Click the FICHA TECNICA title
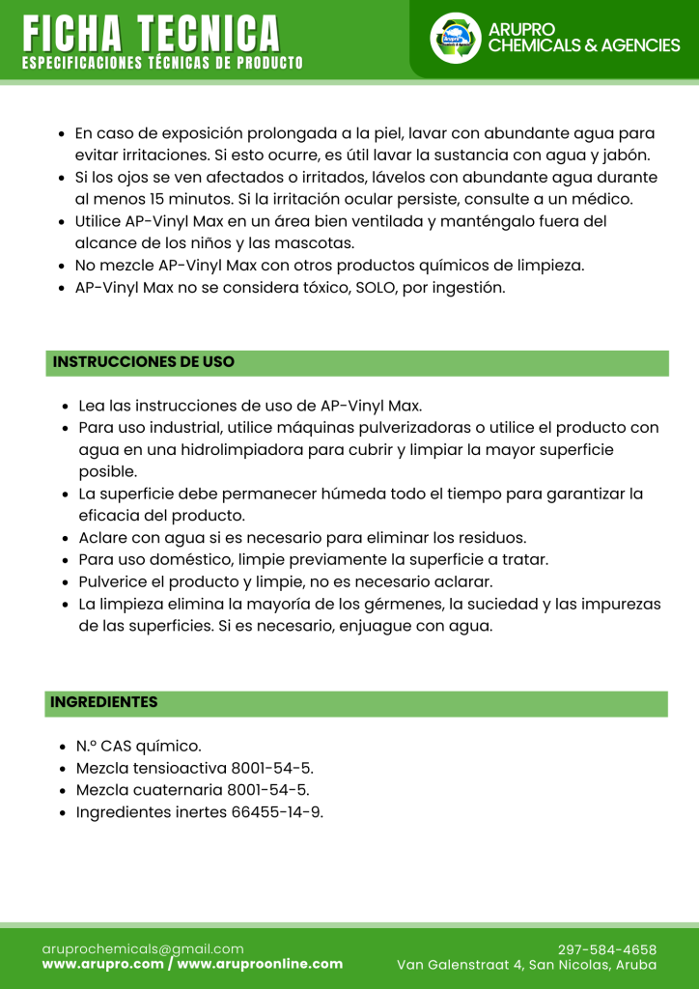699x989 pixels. (x=152, y=35)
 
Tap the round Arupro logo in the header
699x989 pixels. (x=455, y=39)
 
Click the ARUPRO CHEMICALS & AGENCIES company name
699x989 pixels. (x=584, y=38)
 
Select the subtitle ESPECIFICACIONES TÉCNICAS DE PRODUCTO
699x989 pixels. (x=162, y=64)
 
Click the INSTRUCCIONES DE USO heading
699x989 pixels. (x=144, y=362)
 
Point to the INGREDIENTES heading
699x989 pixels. (x=104, y=702)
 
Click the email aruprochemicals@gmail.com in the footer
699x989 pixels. (x=143, y=948)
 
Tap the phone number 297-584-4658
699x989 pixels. (x=607, y=949)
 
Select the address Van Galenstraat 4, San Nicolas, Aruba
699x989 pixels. (x=526, y=965)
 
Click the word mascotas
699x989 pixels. (x=315, y=243)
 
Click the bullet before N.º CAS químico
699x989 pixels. (x=63, y=747)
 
